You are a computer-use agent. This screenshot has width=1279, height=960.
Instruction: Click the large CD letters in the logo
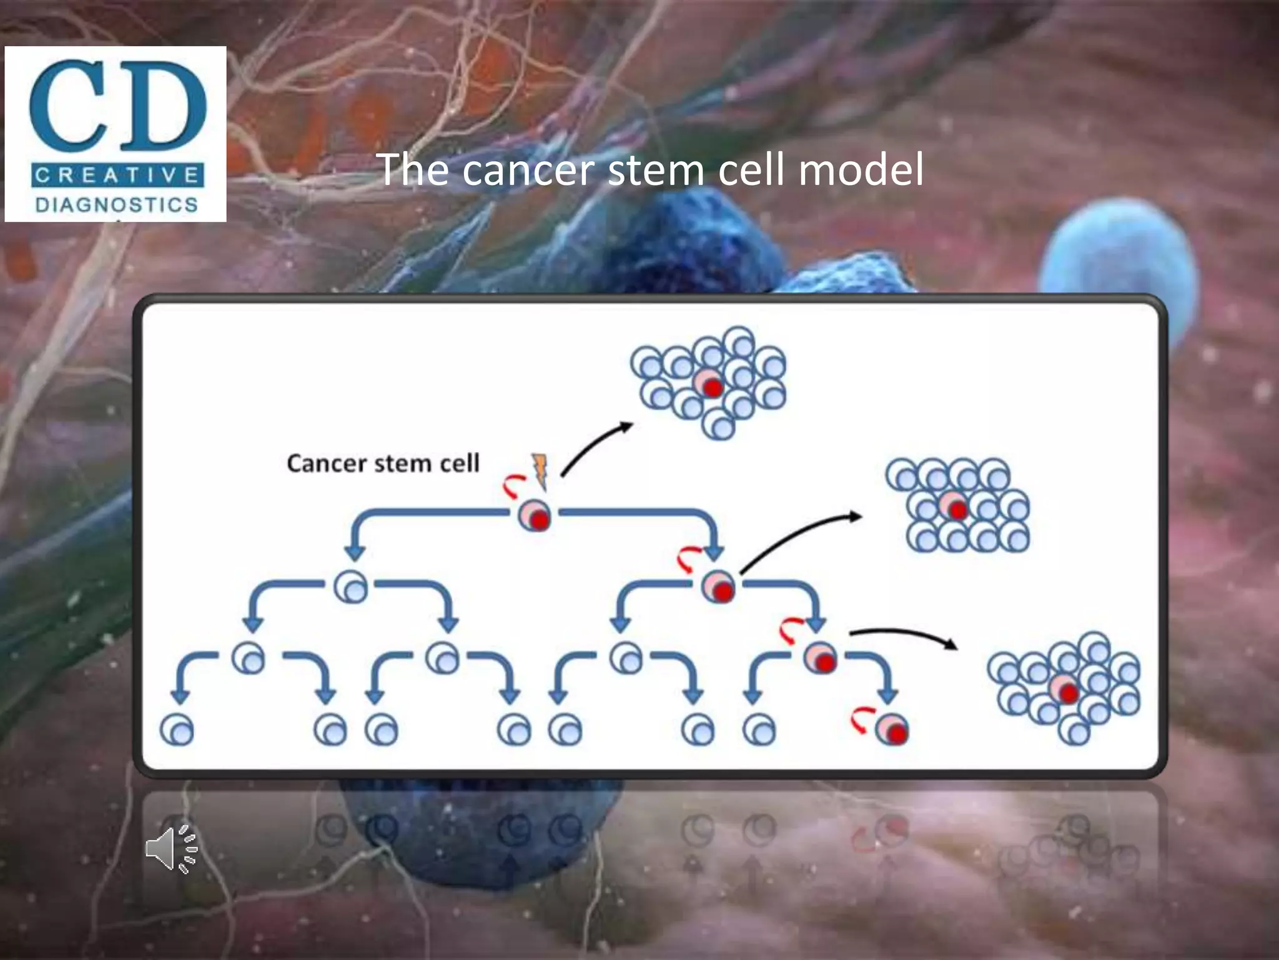point(117,105)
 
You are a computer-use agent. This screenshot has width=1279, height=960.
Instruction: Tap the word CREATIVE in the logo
point(117,175)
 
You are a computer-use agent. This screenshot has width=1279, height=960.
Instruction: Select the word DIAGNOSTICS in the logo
point(117,204)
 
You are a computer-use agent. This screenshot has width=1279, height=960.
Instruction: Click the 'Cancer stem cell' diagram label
point(383,463)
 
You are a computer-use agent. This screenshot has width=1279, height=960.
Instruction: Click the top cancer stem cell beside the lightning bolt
point(535,516)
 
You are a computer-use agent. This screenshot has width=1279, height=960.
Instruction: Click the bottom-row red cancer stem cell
point(892,729)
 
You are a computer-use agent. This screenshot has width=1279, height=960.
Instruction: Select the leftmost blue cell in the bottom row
point(177,729)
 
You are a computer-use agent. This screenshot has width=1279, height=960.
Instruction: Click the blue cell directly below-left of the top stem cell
point(351,587)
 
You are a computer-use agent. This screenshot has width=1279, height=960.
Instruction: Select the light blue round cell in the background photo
point(1118,262)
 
